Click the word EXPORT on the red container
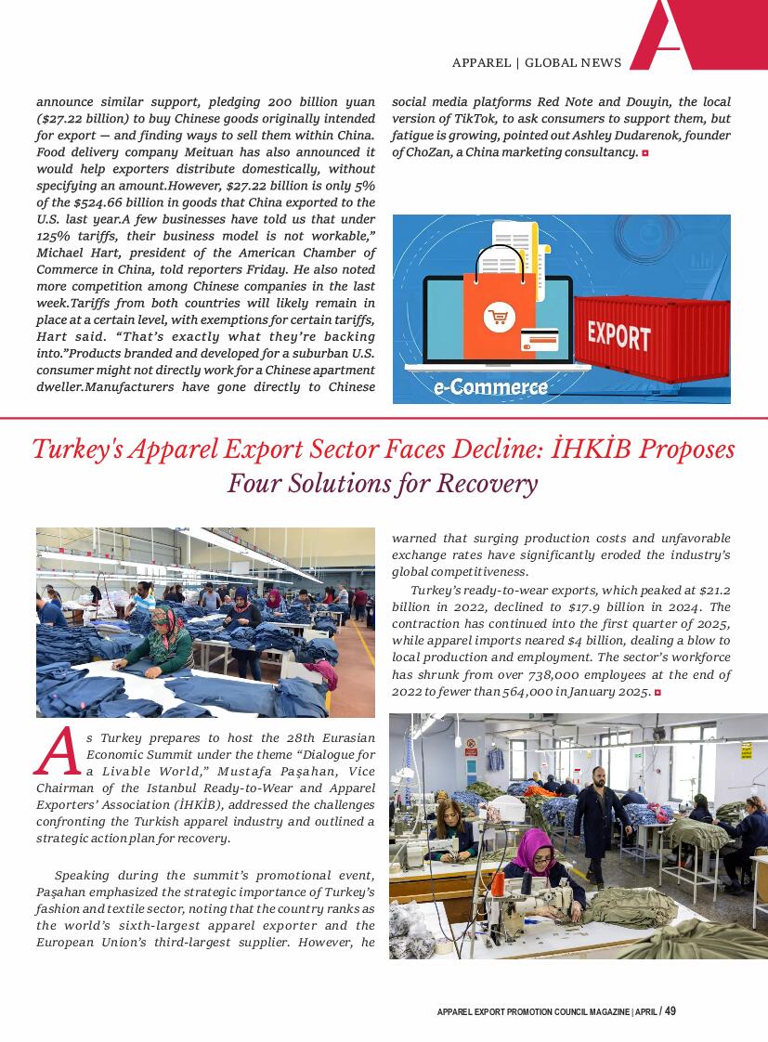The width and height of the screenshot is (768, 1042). (618, 334)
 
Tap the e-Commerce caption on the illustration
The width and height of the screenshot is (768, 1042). (490, 386)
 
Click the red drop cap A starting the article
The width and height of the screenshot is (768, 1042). (56, 751)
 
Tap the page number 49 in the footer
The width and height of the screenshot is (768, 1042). (670, 1011)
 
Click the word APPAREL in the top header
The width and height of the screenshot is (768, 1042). (481, 63)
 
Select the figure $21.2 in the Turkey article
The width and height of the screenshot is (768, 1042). (712, 590)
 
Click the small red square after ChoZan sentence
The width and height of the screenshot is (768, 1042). (644, 152)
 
